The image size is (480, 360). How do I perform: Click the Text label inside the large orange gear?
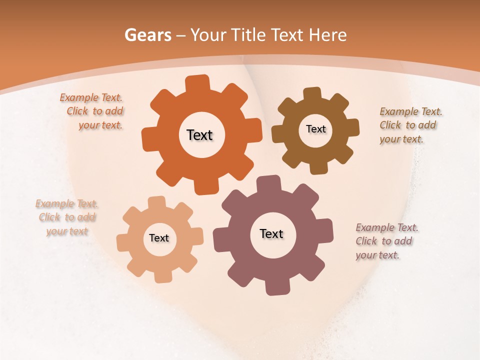(199, 135)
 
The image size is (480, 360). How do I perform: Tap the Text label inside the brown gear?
(315, 129)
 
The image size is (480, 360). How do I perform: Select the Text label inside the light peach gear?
(159, 238)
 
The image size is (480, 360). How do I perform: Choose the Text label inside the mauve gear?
(271, 233)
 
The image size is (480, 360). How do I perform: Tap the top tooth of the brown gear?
(312, 93)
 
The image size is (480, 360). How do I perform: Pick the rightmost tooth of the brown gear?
(353, 127)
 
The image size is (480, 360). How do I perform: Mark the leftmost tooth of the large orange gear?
(148, 139)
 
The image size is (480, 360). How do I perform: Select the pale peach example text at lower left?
(67, 217)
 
